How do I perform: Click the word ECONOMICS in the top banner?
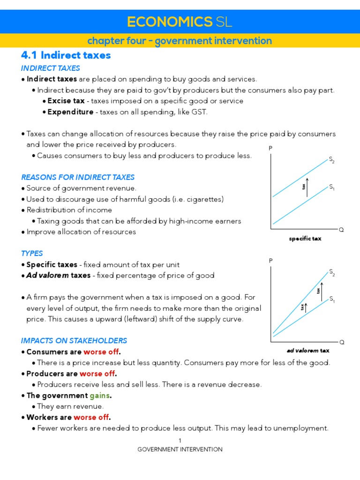click(170, 22)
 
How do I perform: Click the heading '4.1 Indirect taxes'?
click(66, 55)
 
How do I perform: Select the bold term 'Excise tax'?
click(66, 101)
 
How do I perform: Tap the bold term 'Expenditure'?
click(70, 112)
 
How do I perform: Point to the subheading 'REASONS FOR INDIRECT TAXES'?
click(78, 177)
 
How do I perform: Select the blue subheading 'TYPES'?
click(32, 253)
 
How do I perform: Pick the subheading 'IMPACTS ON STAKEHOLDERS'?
click(74, 340)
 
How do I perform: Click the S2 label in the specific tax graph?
click(331, 161)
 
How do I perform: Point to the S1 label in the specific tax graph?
click(331, 187)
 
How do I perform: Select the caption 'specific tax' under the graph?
click(305, 239)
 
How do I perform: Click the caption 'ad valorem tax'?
click(308, 350)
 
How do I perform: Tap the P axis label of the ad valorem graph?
click(270, 260)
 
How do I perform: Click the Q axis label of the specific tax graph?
click(341, 230)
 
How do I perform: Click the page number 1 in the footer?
click(180, 441)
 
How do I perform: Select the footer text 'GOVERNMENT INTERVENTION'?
click(180, 449)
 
